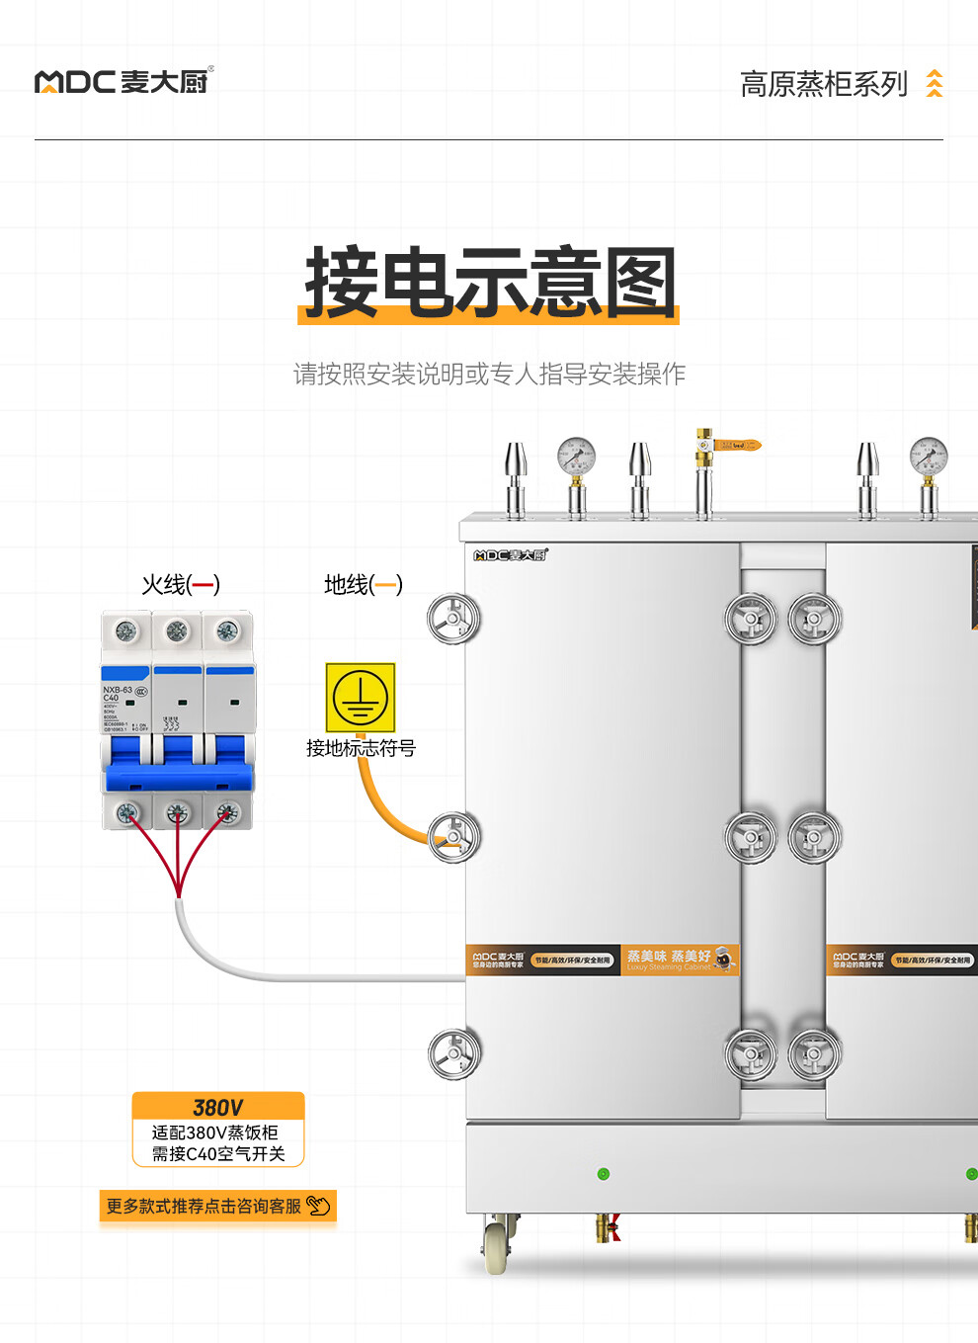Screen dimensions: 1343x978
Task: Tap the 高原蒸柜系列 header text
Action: (x=823, y=85)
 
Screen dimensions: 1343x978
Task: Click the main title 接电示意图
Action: (x=490, y=284)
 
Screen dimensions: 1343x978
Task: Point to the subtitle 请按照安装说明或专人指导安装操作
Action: (x=489, y=375)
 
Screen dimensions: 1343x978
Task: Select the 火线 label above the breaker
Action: (x=180, y=585)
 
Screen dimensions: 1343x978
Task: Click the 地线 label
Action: (x=363, y=585)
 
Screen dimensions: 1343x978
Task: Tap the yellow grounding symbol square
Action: (x=361, y=697)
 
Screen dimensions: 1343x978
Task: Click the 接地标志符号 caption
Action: (x=361, y=748)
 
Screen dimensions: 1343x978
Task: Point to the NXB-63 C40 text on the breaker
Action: (x=117, y=694)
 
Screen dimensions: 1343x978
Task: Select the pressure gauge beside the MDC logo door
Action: (x=576, y=459)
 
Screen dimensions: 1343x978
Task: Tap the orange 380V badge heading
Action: (x=218, y=1107)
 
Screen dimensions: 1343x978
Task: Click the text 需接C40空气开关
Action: (x=218, y=1153)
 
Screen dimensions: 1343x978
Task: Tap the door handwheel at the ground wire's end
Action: (x=453, y=836)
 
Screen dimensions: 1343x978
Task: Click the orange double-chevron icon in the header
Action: (x=934, y=84)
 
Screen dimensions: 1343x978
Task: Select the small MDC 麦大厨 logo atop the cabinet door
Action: (x=510, y=555)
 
